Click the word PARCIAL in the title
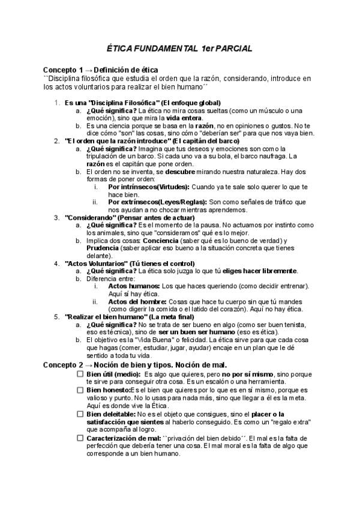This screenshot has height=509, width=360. click(231, 48)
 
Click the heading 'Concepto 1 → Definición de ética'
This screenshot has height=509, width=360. click(100, 70)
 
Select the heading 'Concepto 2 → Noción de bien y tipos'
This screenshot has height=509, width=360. click(135, 365)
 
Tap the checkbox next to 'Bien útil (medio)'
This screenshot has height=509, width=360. click(80, 373)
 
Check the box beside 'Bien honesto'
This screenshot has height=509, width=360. click(80, 390)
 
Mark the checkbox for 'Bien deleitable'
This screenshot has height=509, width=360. click(80, 414)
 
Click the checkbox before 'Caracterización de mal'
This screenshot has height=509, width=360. click(80, 438)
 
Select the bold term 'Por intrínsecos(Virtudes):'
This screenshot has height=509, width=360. click(149, 187)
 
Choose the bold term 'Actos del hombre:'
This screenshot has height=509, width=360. click(138, 302)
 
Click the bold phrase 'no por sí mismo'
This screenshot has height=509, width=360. click(248, 373)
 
